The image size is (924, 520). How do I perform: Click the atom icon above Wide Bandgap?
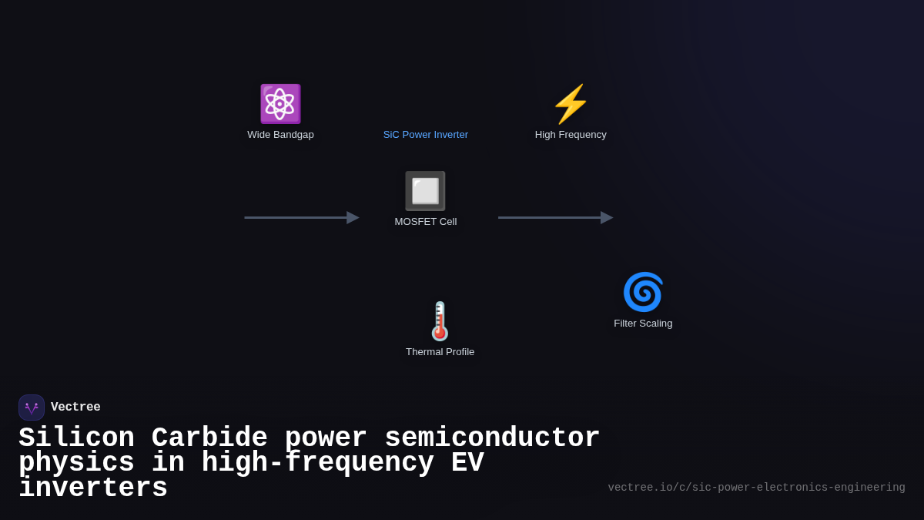[280, 104]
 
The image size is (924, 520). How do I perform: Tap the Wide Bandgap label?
[280, 135]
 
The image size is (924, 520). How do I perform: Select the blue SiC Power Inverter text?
[426, 135]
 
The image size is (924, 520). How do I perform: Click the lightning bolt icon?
[571, 104]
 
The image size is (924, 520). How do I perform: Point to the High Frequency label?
[571, 135]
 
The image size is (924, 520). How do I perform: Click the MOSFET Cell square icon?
[425, 191]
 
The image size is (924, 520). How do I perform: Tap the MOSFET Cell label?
[426, 222]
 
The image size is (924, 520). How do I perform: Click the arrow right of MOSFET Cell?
[555, 218]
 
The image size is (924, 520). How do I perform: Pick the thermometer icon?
[440, 321]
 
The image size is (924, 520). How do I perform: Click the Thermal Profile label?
[440, 352]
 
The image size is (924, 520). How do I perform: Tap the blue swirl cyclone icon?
[643, 292]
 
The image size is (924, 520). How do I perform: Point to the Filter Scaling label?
[643, 324]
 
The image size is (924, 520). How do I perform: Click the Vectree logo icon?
[32, 408]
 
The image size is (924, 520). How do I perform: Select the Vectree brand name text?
[75, 408]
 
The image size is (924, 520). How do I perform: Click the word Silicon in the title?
[76, 438]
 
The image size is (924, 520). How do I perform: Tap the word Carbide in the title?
[209, 438]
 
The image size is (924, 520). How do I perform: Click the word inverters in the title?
[93, 488]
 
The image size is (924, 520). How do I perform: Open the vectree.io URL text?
[756, 488]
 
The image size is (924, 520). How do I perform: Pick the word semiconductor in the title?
[492, 438]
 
